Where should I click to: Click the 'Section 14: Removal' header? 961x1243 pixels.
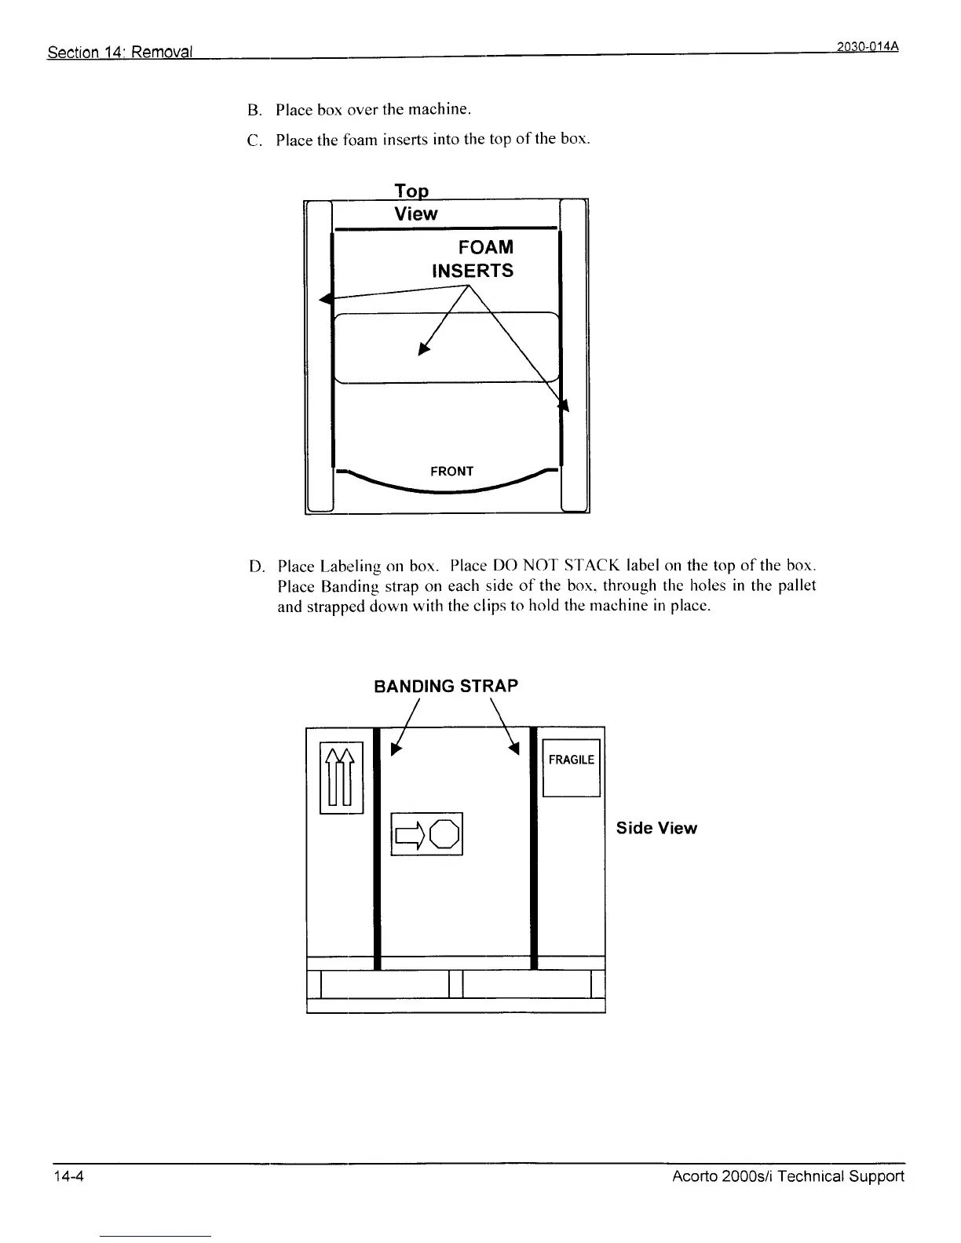(x=120, y=53)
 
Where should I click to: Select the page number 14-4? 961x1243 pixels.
(x=68, y=1176)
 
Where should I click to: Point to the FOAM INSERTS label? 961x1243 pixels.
(x=473, y=259)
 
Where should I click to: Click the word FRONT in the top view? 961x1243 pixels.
(x=451, y=471)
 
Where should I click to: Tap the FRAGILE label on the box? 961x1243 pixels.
(x=571, y=760)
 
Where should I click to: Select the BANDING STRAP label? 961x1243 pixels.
(x=446, y=686)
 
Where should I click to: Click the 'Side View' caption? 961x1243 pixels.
(x=656, y=829)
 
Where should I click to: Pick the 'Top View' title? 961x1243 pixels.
(x=415, y=203)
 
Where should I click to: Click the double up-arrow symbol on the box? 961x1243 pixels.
(x=341, y=777)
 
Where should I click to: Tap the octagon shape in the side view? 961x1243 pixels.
(x=444, y=834)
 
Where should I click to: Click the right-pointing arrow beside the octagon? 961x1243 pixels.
(x=410, y=834)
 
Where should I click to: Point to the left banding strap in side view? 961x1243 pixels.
(x=377, y=847)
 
